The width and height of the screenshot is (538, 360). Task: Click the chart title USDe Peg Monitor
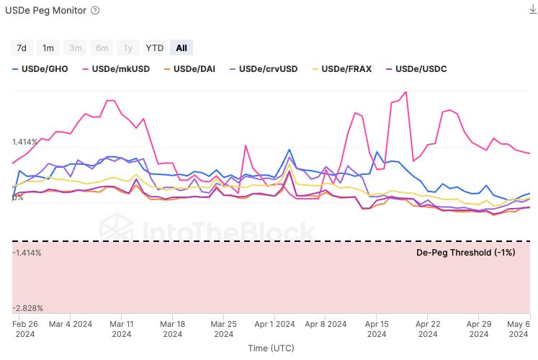point(46,11)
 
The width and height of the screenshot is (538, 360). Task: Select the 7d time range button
point(22,48)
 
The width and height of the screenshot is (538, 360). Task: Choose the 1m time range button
point(48,48)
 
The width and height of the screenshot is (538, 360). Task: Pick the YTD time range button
point(155,48)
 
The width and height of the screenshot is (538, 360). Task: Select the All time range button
point(181,48)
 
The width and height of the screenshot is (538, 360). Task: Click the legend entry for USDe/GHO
point(44,69)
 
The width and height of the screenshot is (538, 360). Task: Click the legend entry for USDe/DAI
point(190,69)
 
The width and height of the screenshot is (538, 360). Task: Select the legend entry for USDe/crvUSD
point(263,69)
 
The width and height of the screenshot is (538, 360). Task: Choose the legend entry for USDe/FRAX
point(341,69)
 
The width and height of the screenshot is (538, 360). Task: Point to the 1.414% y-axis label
point(27,143)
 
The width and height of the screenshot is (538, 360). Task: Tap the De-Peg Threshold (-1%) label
point(466,252)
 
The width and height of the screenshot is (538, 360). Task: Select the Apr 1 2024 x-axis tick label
point(275,328)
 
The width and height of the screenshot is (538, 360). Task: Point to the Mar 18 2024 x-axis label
point(173,328)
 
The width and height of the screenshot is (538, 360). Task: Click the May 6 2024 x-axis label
point(519,328)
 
